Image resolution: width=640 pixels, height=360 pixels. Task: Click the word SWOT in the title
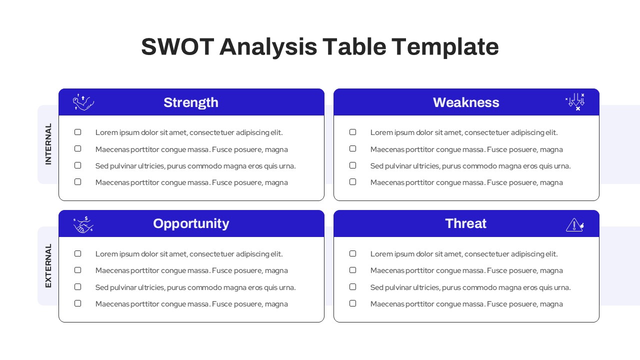point(177,47)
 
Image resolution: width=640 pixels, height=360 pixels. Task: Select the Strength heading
point(191,102)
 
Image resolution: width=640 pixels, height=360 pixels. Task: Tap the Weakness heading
point(466,102)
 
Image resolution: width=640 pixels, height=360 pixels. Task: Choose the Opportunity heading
point(191,223)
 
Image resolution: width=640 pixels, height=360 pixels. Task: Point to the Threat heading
point(465,223)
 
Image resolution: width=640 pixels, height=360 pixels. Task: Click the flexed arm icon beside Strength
point(83,102)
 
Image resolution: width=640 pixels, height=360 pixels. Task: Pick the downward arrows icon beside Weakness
point(575,101)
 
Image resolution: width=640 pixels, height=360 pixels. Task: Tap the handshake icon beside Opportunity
point(83,224)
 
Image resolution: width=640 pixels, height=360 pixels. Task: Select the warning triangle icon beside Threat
point(574,225)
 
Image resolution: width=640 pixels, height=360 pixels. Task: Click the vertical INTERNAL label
point(48,144)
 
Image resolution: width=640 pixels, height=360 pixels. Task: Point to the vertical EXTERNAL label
point(48,265)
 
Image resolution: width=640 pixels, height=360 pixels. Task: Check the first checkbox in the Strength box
point(77,132)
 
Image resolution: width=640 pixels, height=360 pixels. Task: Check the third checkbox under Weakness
point(352,165)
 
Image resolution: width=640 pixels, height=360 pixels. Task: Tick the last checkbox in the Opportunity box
point(77,303)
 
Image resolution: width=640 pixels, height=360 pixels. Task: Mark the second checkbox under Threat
point(352,270)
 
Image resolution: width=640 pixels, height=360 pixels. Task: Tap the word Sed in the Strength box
point(102,166)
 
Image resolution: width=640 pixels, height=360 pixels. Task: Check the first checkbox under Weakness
point(352,132)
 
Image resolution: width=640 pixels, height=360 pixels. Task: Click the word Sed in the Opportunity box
point(102,287)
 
